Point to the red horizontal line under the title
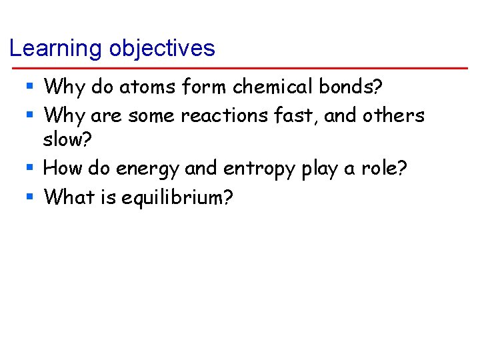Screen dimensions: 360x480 [240, 68]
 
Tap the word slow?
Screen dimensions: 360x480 [66, 141]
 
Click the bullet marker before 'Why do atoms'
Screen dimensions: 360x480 [30, 87]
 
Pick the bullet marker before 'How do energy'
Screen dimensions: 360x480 [30, 168]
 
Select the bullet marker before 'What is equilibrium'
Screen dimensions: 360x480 [30, 197]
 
